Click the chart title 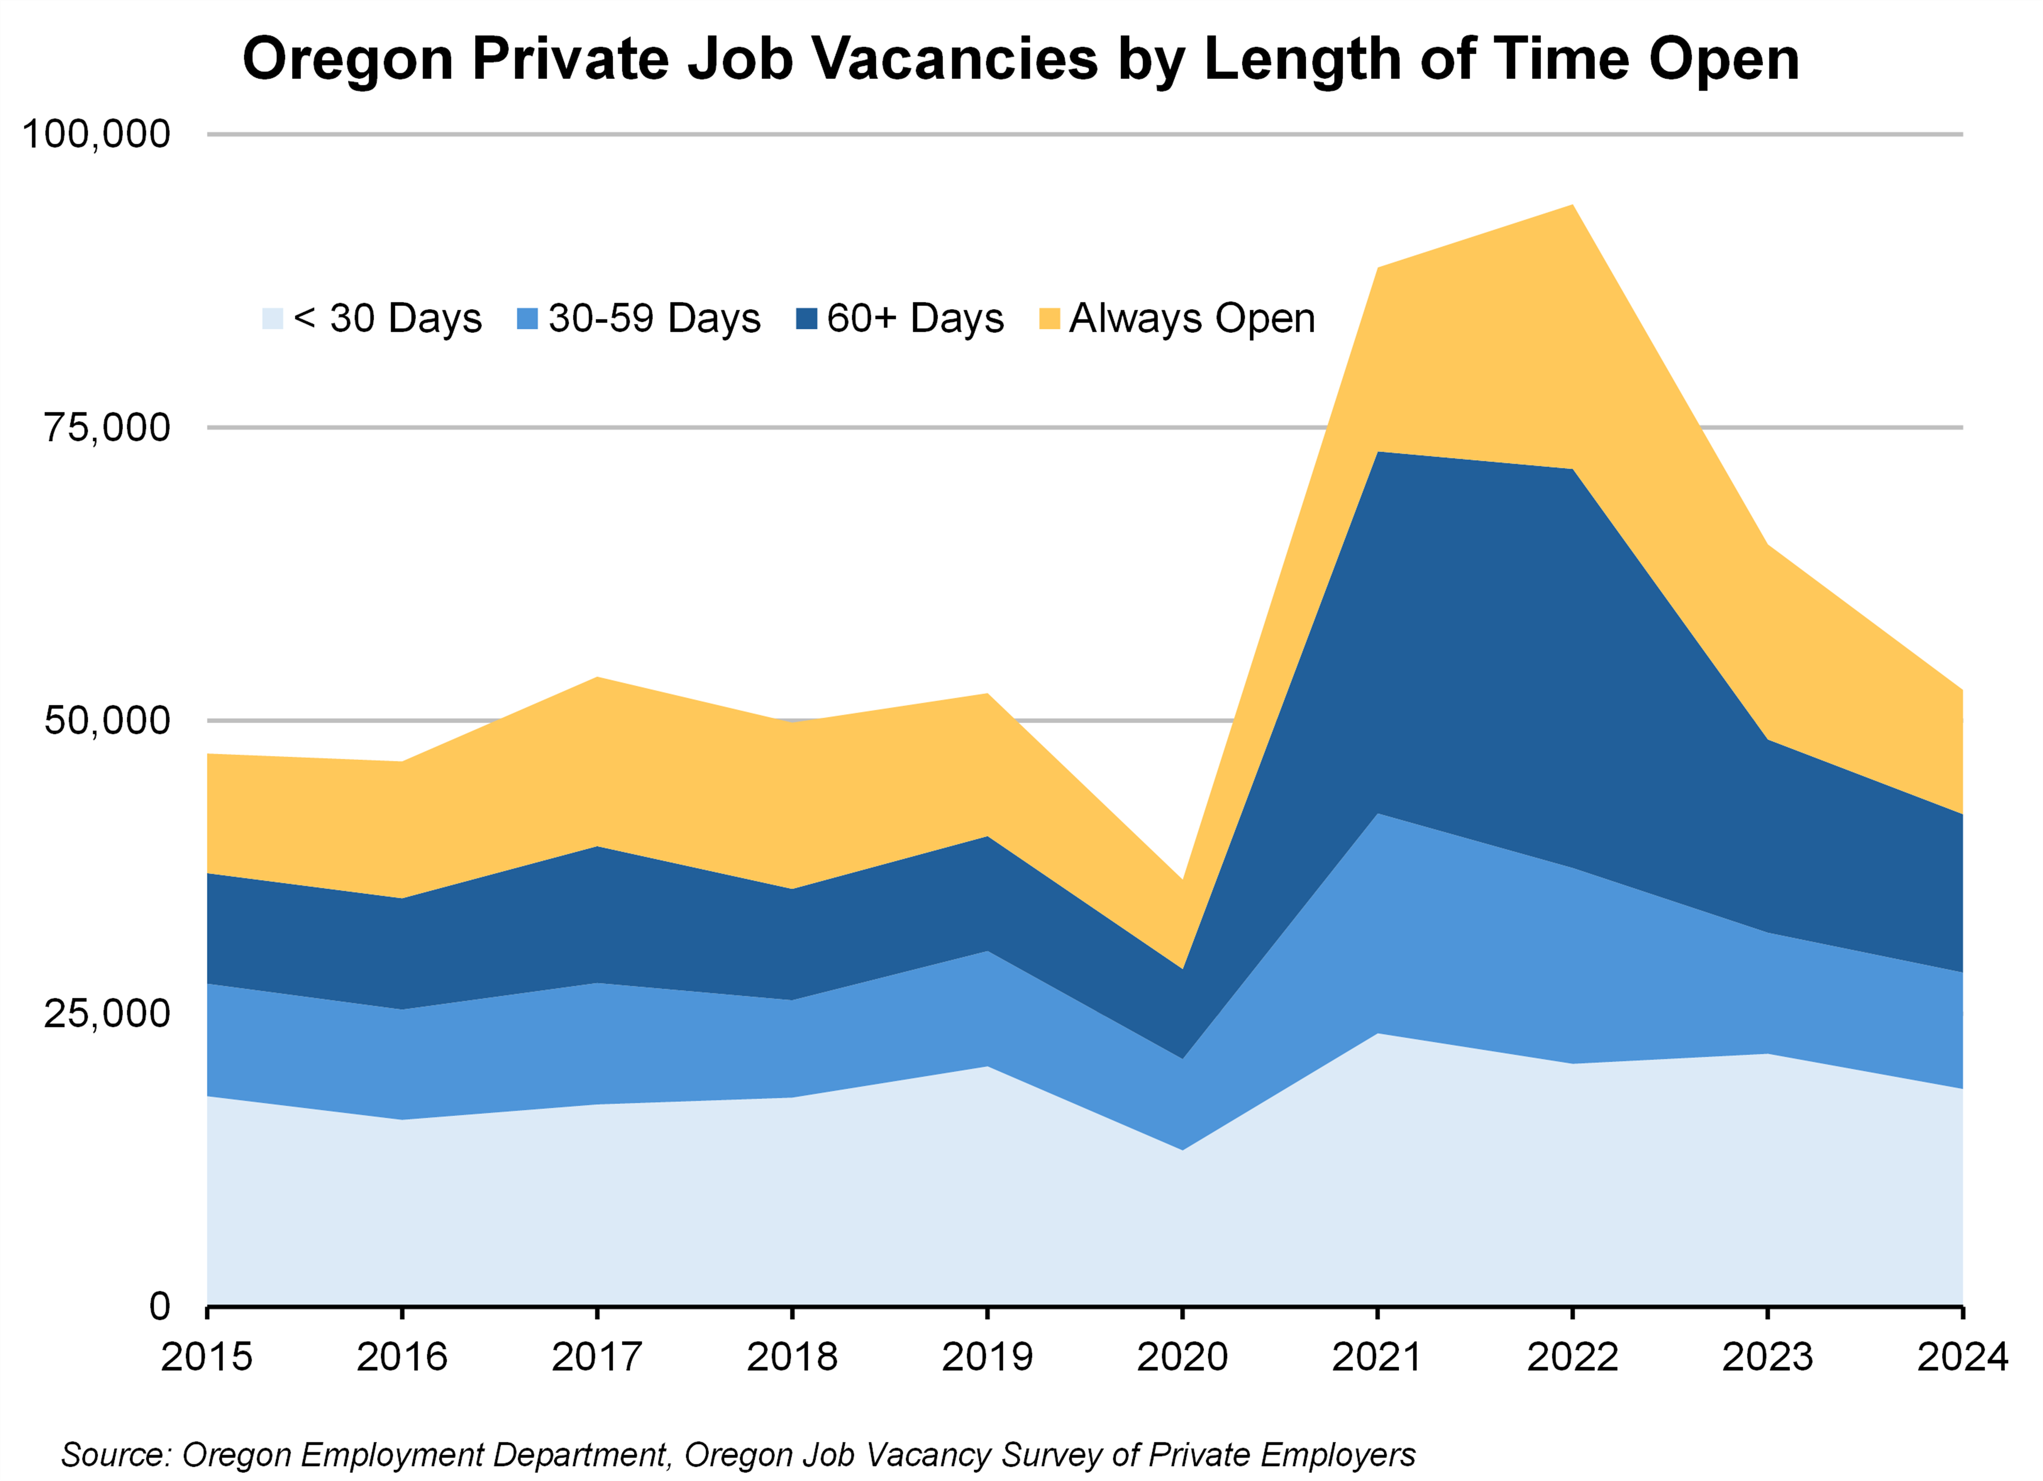[x=1020, y=59]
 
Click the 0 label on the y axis [x=160, y=1305]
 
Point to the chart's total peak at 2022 [x=1572, y=206]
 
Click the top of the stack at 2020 [x=1182, y=880]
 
